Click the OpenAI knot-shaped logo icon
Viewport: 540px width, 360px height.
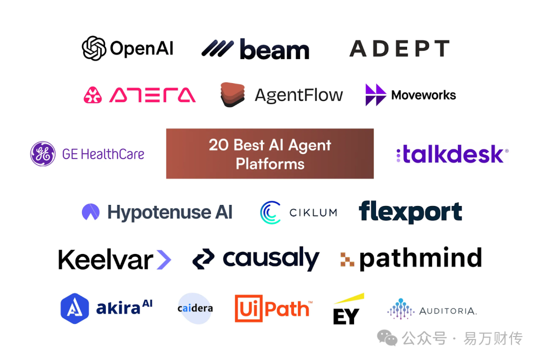[94, 48]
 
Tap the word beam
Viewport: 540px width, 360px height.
[274, 49]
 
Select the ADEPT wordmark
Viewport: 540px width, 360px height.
[399, 49]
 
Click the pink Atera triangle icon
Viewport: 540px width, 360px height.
[92, 94]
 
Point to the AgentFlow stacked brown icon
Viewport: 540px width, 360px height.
[232, 94]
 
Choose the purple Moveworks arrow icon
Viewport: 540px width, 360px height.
[375, 94]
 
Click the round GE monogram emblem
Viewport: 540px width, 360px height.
[43, 153]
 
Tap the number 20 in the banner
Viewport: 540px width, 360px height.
[218, 145]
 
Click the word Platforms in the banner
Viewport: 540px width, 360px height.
[270, 163]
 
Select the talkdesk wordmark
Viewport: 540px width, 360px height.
[452, 154]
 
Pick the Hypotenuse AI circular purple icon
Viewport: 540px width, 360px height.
[90, 212]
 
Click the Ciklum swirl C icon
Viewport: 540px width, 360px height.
[270, 212]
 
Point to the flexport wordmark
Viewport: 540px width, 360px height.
[410, 212]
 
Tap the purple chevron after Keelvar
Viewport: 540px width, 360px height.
[163, 259]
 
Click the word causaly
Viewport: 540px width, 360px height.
[270, 258]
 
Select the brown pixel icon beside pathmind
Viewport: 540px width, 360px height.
[347, 259]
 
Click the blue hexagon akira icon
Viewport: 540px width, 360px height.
[74, 308]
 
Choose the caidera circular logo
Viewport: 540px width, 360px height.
[195, 308]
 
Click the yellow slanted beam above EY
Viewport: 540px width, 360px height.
[349, 299]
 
